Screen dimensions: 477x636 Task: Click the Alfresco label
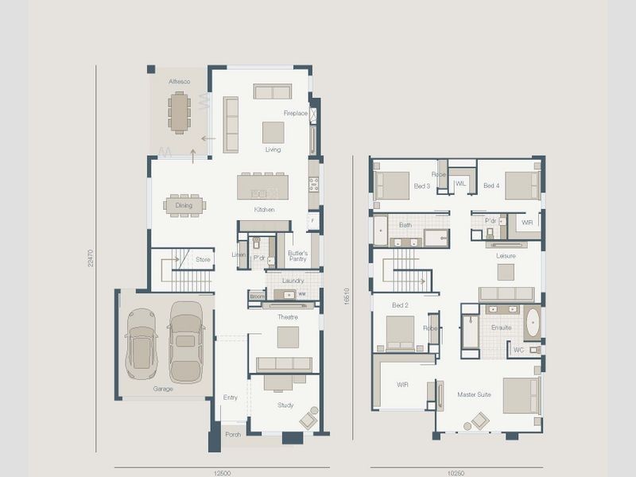pos(179,82)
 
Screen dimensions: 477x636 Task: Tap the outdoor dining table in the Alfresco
pos(180,113)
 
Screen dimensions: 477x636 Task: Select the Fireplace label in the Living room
pos(296,114)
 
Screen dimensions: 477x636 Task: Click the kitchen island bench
pos(263,186)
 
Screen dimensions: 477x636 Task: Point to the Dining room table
pos(184,206)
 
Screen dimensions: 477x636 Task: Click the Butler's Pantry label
pos(297,255)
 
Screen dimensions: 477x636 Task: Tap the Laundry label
pos(293,281)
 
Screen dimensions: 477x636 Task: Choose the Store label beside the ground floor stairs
pos(204,259)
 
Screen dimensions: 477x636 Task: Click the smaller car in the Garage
pos(142,343)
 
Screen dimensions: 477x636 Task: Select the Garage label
pos(163,390)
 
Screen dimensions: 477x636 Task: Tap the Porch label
pos(233,435)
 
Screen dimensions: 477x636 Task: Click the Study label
pos(285,405)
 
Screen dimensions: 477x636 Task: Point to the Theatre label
pos(287,317)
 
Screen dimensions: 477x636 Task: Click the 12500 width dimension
pos(222,472)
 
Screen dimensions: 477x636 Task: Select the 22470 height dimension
pos(91,258)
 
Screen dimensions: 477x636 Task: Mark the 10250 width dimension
pos(456,472)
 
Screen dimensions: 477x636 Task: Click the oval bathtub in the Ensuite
pos(532,324)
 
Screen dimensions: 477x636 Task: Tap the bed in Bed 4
pos(522,185)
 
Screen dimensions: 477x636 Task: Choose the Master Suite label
pos(474,394)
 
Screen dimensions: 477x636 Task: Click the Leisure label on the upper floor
pos(506,256)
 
